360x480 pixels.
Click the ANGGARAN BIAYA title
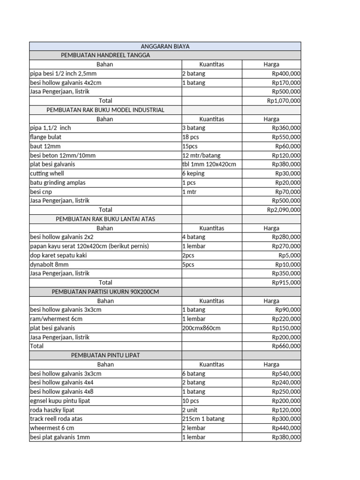coord(165,46)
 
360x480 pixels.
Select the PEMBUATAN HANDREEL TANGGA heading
coord(105,55)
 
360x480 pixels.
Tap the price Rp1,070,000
coord(284,100)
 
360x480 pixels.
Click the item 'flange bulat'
coord(45,137)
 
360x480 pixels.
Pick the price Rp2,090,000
coord(284,210)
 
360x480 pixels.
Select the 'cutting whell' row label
coord(45,173)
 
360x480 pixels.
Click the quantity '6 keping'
coord(193,173)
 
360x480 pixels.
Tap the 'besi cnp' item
coord(41,192)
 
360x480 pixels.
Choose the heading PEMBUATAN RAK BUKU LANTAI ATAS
coord(105,219)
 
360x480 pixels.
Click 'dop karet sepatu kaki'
coord(58,255)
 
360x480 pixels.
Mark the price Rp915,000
coord(286,283)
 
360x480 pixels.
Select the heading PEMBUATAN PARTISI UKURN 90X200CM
coord(105,292)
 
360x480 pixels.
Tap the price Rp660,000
coord(286,346)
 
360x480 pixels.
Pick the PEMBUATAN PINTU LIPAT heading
coord(105,355)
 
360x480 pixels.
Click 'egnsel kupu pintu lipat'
coord(60,401)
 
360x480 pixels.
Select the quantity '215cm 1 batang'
coord(203,419)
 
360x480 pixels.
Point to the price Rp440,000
coord(286,428)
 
